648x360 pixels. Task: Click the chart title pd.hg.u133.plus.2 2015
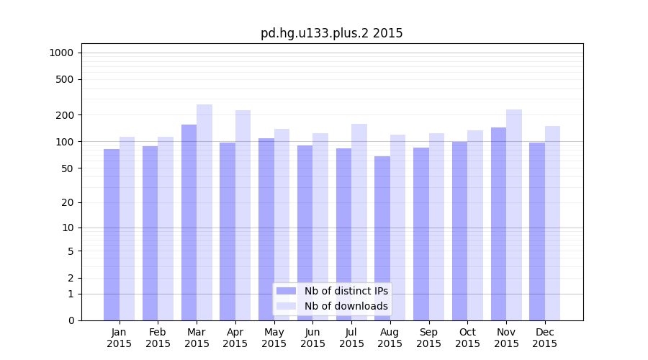pyautogui.click(x=331, y=33)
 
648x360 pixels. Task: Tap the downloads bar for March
pyautogui.click(x=204, y=212)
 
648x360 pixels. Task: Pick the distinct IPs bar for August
pyautogui.click(x=382, y=238)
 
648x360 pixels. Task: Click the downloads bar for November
pyautogui.click(x=514, y=215)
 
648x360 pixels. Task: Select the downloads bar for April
pyautogui.click(x=243, y=215)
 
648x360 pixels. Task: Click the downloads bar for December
pyautogui.click(x=553, y=223)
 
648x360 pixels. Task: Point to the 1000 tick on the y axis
pyautogui.click(x=61, y=53)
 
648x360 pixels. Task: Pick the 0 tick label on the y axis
pyautogui.click(x=71, y=320)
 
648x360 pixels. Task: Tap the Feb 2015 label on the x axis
pyautogui.click(x=158, y=338)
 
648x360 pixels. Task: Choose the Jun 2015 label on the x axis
pyautogui.click(x=312, y=338)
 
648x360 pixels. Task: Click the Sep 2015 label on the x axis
pyautogui.click(x=428, y=338)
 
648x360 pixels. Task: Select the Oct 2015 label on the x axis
pyautogui.click(x=467, y=338)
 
